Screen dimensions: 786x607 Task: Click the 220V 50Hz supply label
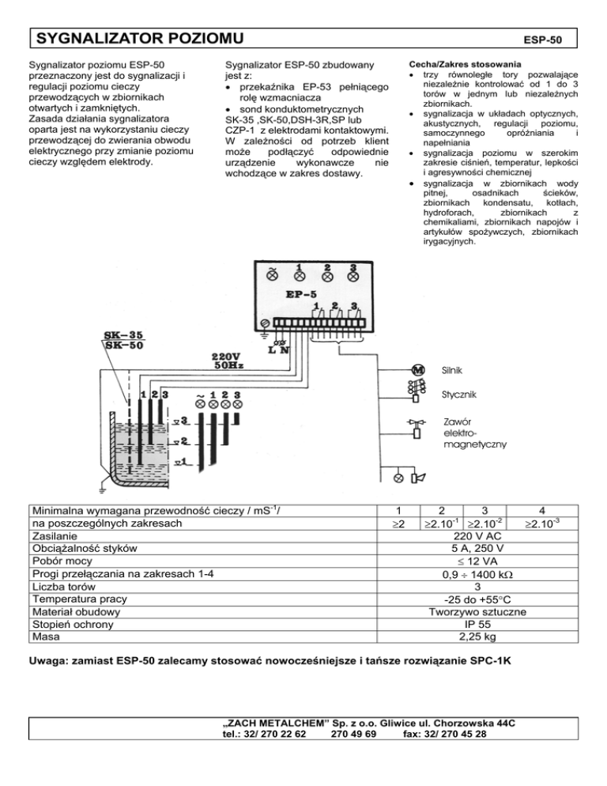(x=227, y=361)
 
